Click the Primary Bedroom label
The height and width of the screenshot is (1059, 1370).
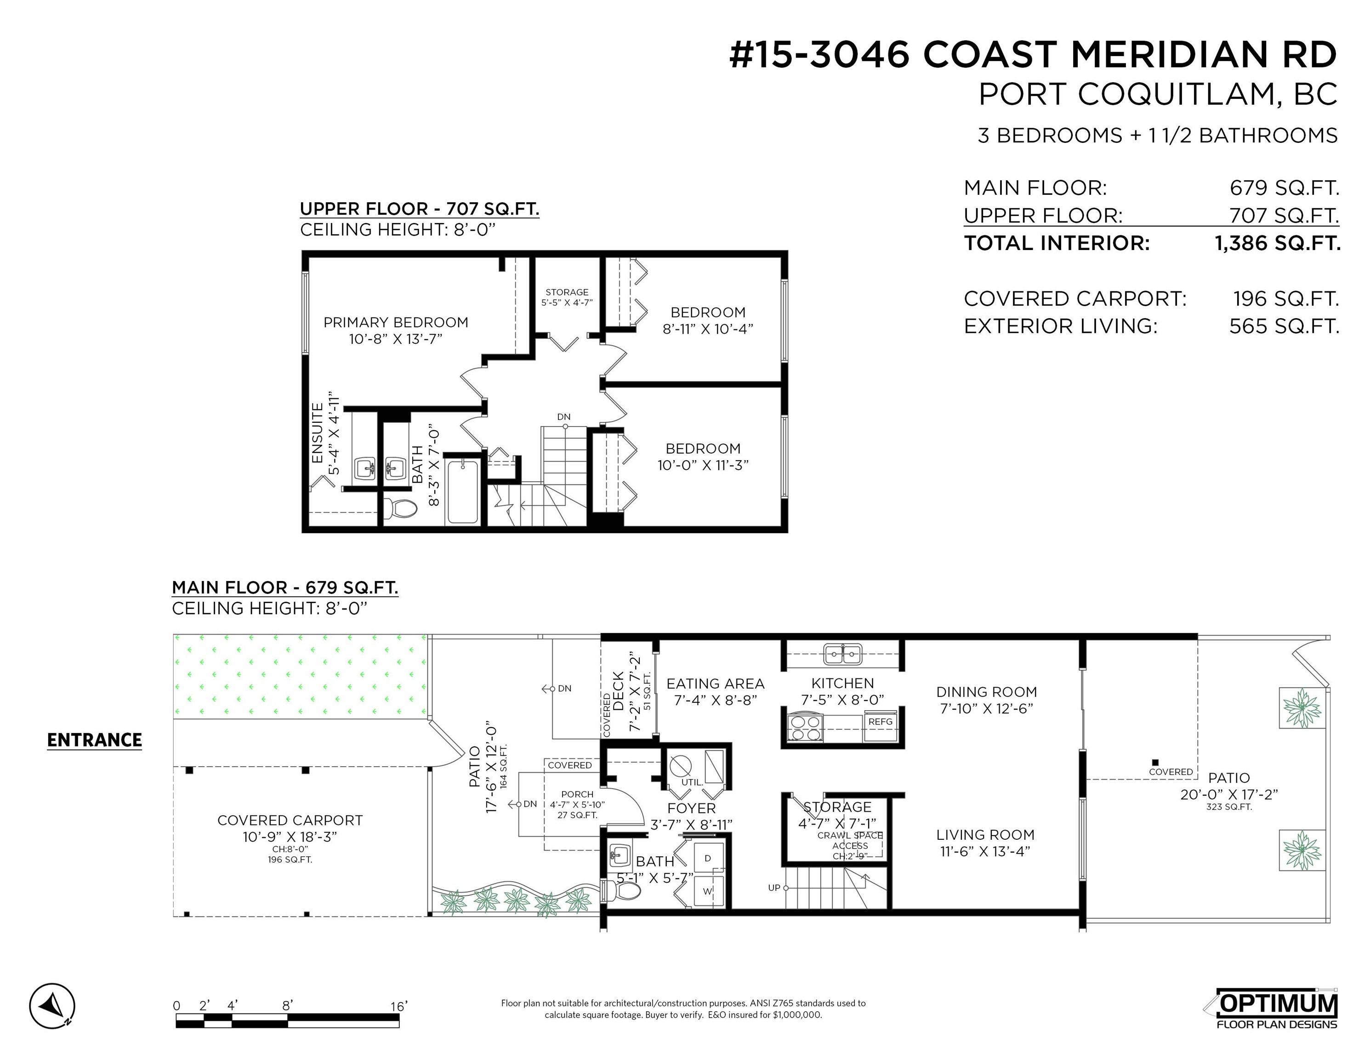click(396, 323)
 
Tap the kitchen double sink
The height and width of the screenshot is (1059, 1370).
click(842, 654)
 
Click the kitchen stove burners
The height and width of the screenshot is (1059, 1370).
click(805, 728)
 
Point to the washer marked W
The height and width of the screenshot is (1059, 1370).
click(708, 891)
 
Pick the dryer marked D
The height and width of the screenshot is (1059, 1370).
click(708, 858)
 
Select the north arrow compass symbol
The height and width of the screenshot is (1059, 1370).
click(52, 1006)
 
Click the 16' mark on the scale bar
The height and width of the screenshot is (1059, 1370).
click(399, 1006)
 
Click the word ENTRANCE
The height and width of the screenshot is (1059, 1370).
click(95, 740)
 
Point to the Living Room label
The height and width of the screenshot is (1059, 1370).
click(985, 835)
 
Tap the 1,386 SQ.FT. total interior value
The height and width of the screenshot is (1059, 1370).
click(1278, 243)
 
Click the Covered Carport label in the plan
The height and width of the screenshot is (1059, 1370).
click(290, 820)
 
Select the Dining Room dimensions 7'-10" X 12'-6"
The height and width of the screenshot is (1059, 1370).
click(986, 708)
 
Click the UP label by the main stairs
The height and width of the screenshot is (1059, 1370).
click(774, 888)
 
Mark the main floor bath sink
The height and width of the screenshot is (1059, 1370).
click(620, 854)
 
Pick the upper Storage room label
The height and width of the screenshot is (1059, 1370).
click(567, 292)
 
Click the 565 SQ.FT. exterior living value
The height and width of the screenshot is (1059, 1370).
click(1284, 326)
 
